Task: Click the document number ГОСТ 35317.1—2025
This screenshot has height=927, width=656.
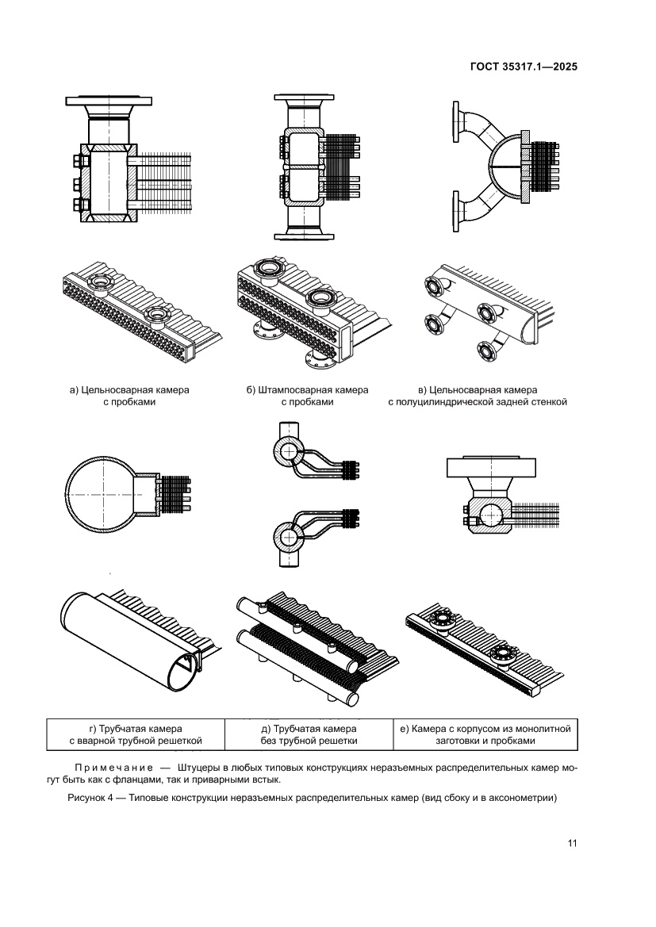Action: click(x=524, y=67)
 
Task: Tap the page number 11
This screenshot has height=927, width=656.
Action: click(x=571, y=843)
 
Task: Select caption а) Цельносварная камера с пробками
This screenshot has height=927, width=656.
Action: click(x=129, y=396)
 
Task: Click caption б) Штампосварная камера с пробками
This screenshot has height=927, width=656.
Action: click(x=308, y=396)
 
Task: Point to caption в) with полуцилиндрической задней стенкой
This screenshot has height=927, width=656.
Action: click(x=478, y=396)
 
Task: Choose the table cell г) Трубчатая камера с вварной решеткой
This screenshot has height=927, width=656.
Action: click(x=136, y=735)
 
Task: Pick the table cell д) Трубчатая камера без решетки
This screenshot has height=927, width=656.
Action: click(x=309, y=735)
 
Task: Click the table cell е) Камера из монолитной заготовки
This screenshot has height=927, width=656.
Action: click(x=485, y=735)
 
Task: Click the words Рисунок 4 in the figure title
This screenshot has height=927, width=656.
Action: click(x=90, y=798)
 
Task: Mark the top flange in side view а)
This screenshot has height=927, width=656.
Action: click(x=109, y=101)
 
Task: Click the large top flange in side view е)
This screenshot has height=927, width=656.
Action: click(x=491, y=468)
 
